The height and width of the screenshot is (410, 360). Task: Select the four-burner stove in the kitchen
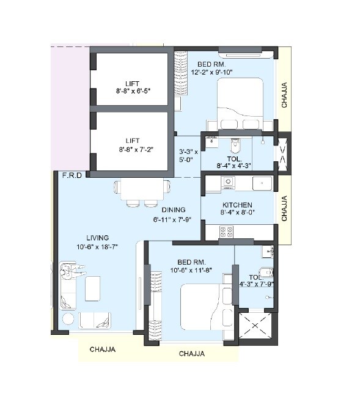(227, 232)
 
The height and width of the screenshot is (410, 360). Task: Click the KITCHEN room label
(237, 205)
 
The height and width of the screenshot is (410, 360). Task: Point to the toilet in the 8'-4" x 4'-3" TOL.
(235, 146)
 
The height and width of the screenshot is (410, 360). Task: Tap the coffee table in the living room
(93, 287)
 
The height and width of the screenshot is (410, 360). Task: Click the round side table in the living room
(68, 319)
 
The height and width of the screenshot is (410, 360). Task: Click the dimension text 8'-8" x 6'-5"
(133, 90)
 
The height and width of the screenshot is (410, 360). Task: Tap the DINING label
(174, 210)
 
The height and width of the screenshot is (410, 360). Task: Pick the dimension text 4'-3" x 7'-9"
(257, 284)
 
